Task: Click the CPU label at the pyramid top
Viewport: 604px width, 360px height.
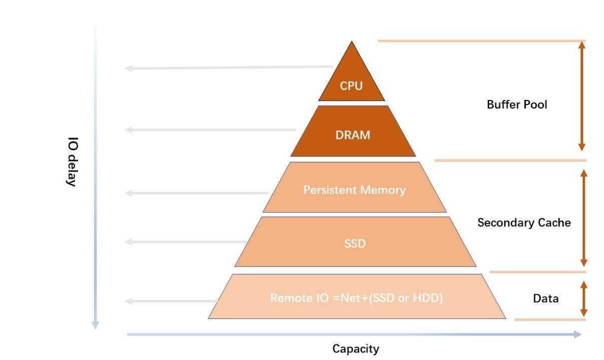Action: (351, 86)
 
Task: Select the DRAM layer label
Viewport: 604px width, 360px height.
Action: (352, 135)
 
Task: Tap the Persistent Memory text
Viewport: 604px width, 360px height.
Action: (354, 190)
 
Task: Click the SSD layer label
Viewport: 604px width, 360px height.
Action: (355, 243)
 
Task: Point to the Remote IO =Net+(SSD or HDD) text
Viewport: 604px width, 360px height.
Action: (356, 299)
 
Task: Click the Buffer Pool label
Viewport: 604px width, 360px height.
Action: (517, 105)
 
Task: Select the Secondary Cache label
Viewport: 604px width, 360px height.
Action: (524, 222)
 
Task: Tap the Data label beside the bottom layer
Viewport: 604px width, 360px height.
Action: (545, 299)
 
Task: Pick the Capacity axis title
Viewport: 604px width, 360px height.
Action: (355, 348)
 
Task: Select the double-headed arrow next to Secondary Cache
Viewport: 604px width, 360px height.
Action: (584, 218)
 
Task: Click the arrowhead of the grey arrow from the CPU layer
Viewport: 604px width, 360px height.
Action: (129, 69)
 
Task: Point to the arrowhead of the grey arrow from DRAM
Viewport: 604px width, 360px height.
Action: (129, 130)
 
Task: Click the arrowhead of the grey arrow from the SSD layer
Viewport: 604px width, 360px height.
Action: (129, 242)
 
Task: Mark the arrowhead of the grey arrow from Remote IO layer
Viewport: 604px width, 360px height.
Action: (129, 301)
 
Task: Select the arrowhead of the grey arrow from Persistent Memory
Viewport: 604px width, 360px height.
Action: (129, 192)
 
